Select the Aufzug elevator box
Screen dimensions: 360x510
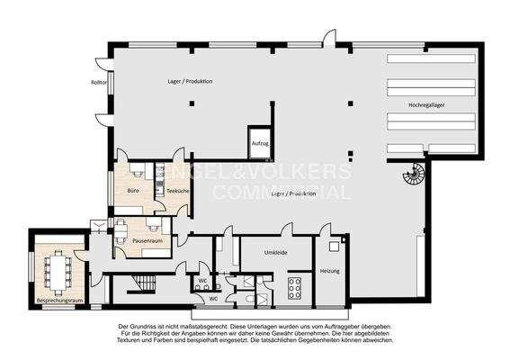260,143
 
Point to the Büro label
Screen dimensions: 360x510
132,191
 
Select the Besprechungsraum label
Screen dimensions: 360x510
58,299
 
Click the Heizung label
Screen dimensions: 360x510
330,270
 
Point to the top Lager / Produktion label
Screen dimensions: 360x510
190,82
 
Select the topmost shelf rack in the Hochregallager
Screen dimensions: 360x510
428,58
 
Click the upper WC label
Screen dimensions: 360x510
203,280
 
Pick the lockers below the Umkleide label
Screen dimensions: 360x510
293,289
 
